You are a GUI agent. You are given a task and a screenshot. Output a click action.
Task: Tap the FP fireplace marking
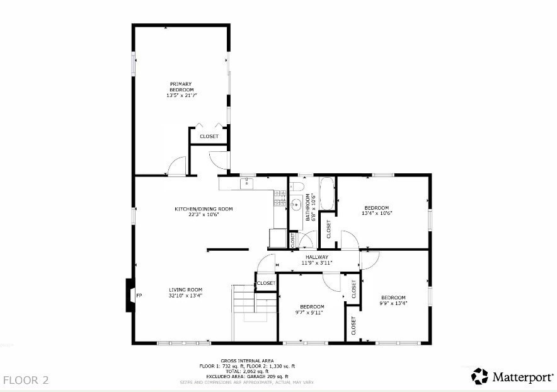click(x=139, y=296)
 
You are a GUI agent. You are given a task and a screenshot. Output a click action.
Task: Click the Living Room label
click(x=185, y=289)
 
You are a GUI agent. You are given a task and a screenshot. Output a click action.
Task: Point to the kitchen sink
click(x=248, y=183)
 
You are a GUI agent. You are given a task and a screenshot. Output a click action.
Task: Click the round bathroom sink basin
click(x=295, y=204)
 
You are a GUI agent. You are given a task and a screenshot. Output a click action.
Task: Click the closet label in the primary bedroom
click(x=209, y=136)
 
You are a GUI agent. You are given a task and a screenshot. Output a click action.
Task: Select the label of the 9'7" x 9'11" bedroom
click(x=309, y=306)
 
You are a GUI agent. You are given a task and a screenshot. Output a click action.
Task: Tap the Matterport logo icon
click(x=479, y=376)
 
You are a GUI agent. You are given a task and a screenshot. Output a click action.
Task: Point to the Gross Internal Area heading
click(x=246, y=361)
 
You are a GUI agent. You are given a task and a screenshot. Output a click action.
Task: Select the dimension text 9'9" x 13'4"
click(x=393, y=303)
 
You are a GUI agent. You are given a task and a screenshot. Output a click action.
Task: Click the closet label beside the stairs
click(x=266, y=283)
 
